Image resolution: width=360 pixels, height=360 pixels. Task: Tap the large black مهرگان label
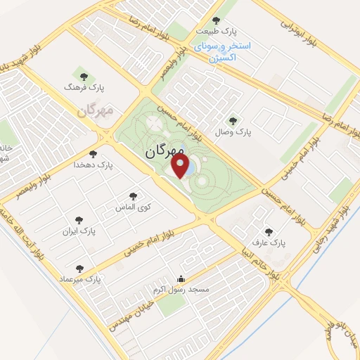pos(166,150)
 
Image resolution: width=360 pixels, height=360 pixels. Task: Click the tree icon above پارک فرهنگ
pos(84,76)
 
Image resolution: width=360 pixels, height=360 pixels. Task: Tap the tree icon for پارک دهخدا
pos(93,154)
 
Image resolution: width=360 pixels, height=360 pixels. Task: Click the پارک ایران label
pos(77,231)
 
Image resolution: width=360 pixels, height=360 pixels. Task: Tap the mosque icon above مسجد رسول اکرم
pos(182,278)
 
